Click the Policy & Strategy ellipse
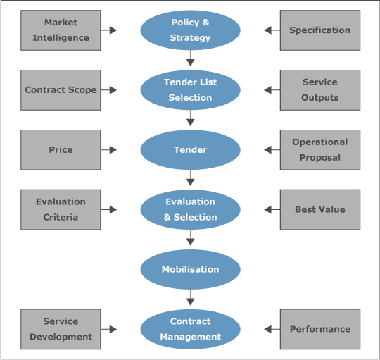click(190, 30)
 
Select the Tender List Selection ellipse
click(190, 89)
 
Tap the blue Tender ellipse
click(190, 149)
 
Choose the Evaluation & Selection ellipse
click(190, 209)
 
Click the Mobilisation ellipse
click(190, 269)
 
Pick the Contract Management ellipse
click(190, 329)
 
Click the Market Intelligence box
click(61, 30)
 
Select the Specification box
click(319, 30)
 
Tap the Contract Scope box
click(61, 89)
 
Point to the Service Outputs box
click(319, 89)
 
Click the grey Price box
click(61, 149)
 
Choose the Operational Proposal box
click(319, 149)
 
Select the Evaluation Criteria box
click(61, 209)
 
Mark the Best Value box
click(319, 209)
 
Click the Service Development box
click(61, 329)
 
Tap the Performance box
click(319, 329)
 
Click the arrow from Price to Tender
click(109, 149)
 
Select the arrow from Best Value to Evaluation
click(272, 209)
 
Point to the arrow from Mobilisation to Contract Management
click(190, 298)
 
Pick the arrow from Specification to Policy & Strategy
click(272, 30)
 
